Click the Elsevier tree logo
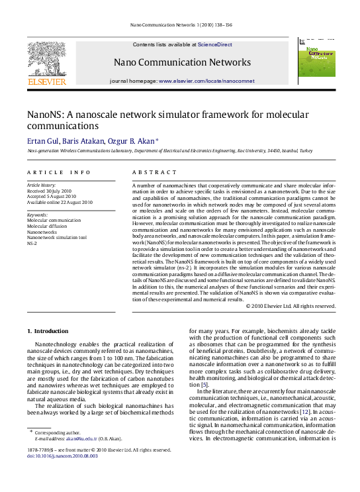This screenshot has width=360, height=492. pyautogui.click(x=46, y=59)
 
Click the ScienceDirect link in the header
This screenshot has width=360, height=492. pyautogui.click(x=214, y=44)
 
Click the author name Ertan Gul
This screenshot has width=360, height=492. pyautogui.click(x=41, y=141)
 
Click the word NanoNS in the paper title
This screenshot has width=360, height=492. pyautogui.click(x=44, y=114)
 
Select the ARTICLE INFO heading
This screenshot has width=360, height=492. pyautogui.click(x=58, y=172)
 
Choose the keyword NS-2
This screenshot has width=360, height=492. pyautogui.click(x=32, y=244)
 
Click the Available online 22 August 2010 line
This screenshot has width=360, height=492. pyautogui.click(x=60, y=202)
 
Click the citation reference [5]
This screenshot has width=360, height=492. pyautogui.click(x=205, y=385)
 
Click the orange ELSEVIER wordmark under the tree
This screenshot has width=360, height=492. pyautogui.click(x=46, y=81)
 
